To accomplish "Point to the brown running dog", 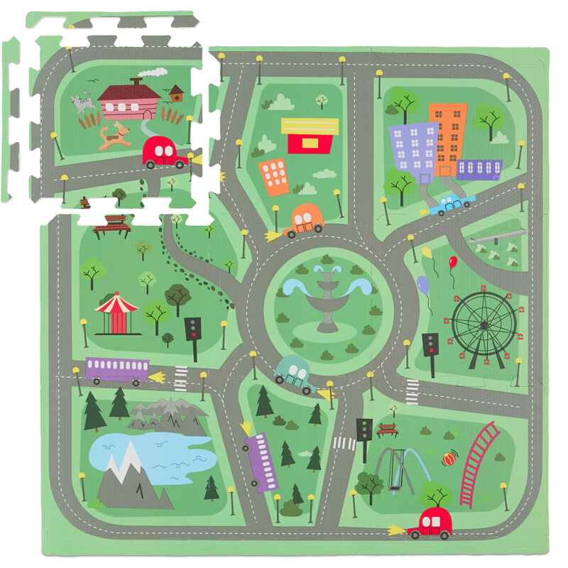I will [115, 135].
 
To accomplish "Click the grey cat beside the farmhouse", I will [82, 104].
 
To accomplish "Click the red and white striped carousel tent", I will [116, 312].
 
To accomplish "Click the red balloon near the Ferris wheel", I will [453, 263].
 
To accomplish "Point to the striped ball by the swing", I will [449, 459].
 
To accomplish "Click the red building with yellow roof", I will [310, 136].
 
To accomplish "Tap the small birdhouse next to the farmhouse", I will [176, 92].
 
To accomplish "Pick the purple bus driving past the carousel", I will [117, 370].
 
